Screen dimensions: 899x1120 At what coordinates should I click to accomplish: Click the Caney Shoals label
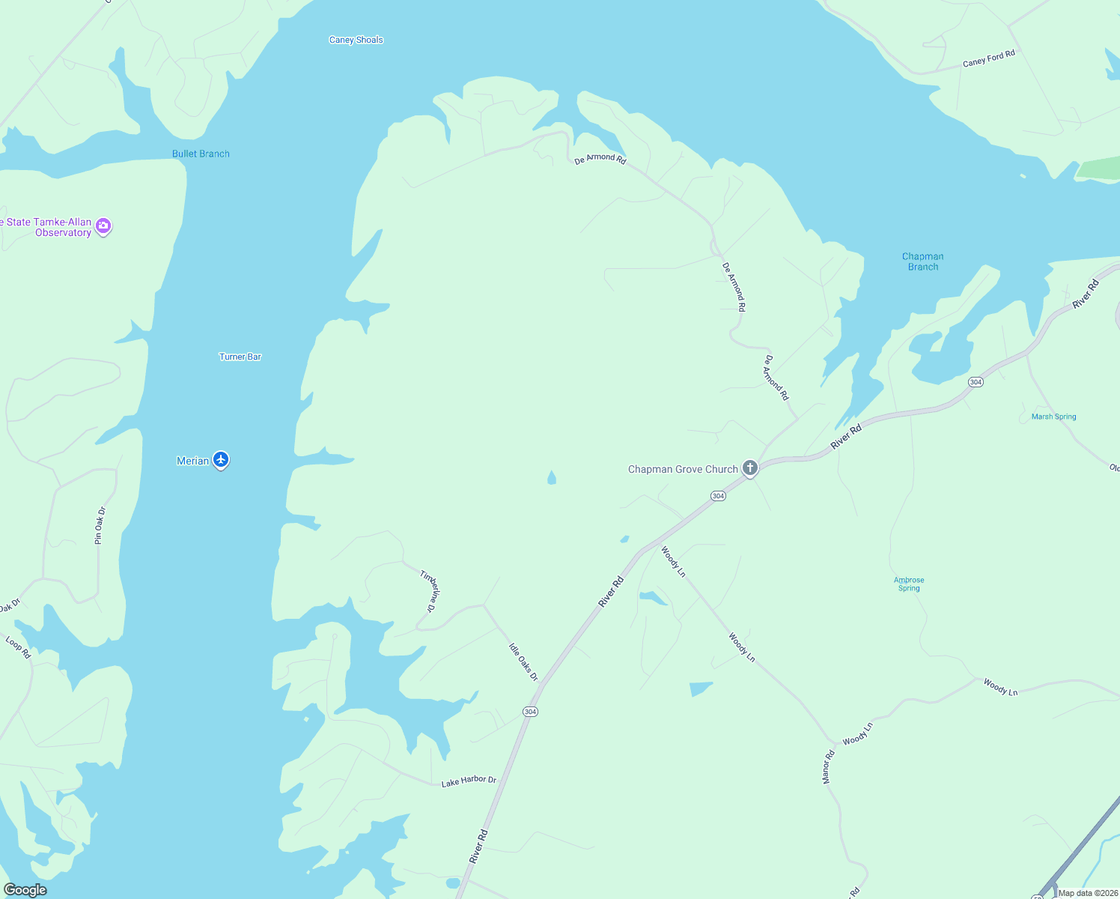[x=356, y=40]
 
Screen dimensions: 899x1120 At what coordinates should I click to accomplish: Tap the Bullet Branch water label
[x=201, y=154]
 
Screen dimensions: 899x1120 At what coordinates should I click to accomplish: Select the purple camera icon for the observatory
[x=104, y=225]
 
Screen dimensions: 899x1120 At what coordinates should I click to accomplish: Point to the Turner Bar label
[x=240, y=357]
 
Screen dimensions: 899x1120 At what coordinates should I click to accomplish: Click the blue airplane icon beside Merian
[x=221, y=459]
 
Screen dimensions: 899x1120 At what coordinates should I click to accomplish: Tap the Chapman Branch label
[x=922, y=261]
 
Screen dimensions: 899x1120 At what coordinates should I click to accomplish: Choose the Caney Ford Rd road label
[x=988, y=58]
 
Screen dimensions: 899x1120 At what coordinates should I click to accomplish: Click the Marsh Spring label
[x=1053, y=417]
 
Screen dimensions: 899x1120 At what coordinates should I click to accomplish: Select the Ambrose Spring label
[x=909, y=584]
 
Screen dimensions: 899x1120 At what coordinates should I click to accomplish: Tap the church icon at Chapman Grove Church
[x=750, y=469]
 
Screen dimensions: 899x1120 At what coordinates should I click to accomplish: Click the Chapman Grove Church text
[x=683, y=470]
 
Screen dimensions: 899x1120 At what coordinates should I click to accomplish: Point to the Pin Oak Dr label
[x=100, y=525]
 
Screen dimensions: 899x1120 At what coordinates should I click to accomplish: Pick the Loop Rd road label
[x=18, y=647]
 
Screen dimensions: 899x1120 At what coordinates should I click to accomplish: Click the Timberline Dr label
[x=430, y=591]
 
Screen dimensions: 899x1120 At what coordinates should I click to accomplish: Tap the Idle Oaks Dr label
[x=523, y=662]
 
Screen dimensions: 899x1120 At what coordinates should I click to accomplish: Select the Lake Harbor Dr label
[x=469, y=781]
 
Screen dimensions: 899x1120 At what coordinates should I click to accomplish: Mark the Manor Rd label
[x=828, y=767]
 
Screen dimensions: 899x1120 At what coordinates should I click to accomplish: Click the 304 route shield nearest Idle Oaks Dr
[x=530, y=712]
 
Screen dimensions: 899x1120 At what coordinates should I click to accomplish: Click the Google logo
[x=25, y=890]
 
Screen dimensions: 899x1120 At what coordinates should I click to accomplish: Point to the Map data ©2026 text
[x=1088, y=893]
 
